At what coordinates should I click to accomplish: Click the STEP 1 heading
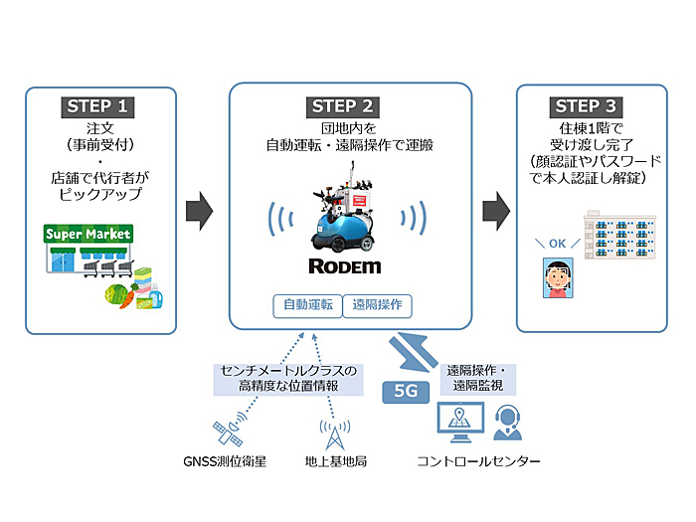97,107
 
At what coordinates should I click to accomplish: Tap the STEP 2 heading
342,107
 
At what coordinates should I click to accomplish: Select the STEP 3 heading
586,107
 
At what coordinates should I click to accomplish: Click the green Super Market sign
88,234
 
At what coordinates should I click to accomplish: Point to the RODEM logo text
344,266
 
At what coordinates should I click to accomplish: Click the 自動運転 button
307,306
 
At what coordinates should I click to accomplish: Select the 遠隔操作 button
377,306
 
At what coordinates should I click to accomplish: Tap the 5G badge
406,392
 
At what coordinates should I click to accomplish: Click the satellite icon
230,430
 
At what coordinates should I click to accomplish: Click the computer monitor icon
460,422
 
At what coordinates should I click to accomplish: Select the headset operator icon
507,423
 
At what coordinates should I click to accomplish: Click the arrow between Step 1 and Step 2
199,211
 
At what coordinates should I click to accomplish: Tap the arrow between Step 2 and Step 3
496,211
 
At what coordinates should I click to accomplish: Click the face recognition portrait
558,277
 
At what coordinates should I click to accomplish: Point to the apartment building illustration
619,236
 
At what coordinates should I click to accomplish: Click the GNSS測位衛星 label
225,462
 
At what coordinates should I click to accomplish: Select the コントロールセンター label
478,461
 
